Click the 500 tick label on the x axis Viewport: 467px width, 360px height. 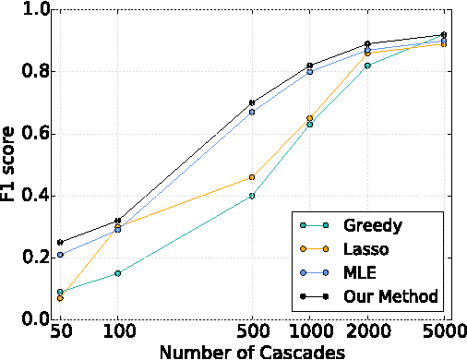[251, 330]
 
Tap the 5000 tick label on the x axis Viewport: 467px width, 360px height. [443, 330]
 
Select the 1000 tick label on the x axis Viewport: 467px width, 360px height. [309, 330]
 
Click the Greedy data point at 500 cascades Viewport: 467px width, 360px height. [251, 196]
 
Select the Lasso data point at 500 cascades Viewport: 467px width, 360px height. [251, 177]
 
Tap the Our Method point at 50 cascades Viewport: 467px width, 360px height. [60, 242]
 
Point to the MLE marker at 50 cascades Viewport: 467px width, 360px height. [60, 255]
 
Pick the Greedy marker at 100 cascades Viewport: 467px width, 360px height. [117, 273]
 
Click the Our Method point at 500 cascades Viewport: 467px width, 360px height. [251, 102]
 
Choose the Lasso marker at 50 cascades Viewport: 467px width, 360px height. [60, 298]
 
